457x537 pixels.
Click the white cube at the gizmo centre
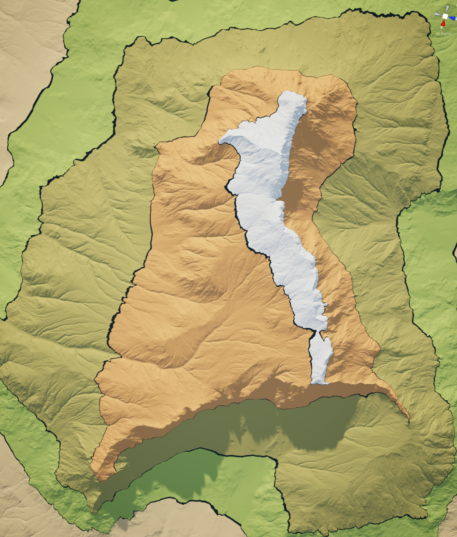click(x=445, y=16)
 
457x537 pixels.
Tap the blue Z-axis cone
click(x=452, y=18)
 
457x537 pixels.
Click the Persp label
click(x=447, y=34)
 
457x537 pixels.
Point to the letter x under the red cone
click(x=442, y=28)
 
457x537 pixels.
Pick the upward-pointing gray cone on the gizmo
click(x=447, y=9)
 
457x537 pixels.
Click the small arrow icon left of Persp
click(x=438, y=34)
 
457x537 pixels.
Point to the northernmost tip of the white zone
click(x=290, y=92)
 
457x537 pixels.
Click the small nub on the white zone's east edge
click(x=326, y=305)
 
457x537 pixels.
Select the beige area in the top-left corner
click(x=25, y=56)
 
